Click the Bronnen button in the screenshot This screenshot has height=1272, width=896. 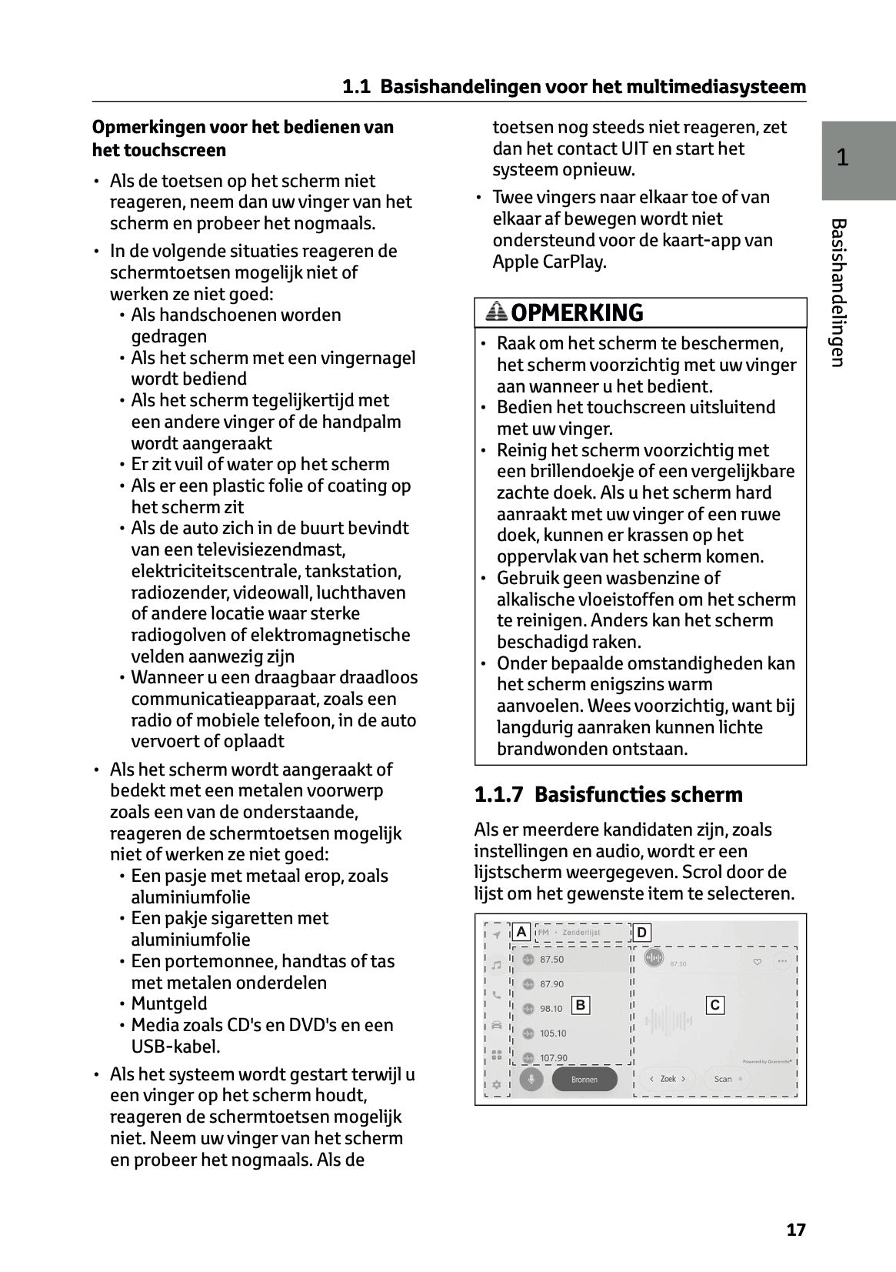(585, 1079)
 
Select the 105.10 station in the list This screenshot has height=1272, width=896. (552, 1033)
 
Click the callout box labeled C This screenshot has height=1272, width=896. (715, 1005)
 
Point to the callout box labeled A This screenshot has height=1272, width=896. (521, 932)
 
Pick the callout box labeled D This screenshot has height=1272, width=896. (641, 933)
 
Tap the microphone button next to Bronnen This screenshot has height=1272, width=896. (531, 1079)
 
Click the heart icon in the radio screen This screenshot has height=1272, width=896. (757, 961)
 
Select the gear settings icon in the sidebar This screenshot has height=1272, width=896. (497, 1084)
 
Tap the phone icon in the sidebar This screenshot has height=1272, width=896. (497, 994)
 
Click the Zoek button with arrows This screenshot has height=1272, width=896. (668, 1079)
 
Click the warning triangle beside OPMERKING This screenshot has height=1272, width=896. (497, 312)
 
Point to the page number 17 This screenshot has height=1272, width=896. (796, 1230)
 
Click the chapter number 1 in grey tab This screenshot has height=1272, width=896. (843, 158)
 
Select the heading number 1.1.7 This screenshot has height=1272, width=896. (498, 795)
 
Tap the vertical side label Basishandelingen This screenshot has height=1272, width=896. (838, 292)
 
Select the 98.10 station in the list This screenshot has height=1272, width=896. (551, 1009)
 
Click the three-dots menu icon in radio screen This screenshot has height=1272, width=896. (783, 961)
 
